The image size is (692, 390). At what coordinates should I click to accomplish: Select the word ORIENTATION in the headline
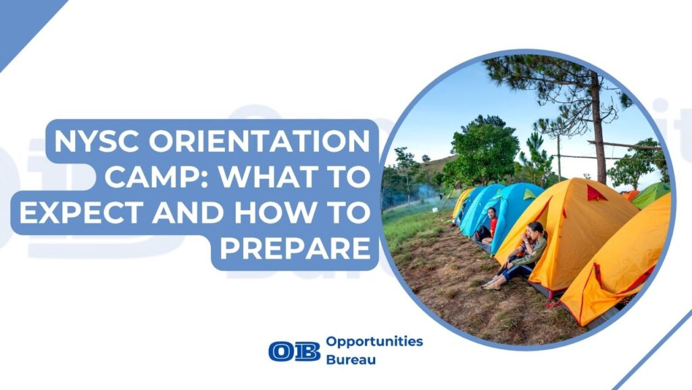point(259,141)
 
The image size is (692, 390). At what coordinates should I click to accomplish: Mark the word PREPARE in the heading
point(295,248)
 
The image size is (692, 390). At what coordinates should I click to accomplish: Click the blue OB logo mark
point(295,351)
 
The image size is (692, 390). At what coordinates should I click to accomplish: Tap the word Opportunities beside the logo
point(374,342)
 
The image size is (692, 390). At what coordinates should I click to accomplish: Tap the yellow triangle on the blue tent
point(528,194)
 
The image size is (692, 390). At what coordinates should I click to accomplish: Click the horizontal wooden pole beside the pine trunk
point(624,145)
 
